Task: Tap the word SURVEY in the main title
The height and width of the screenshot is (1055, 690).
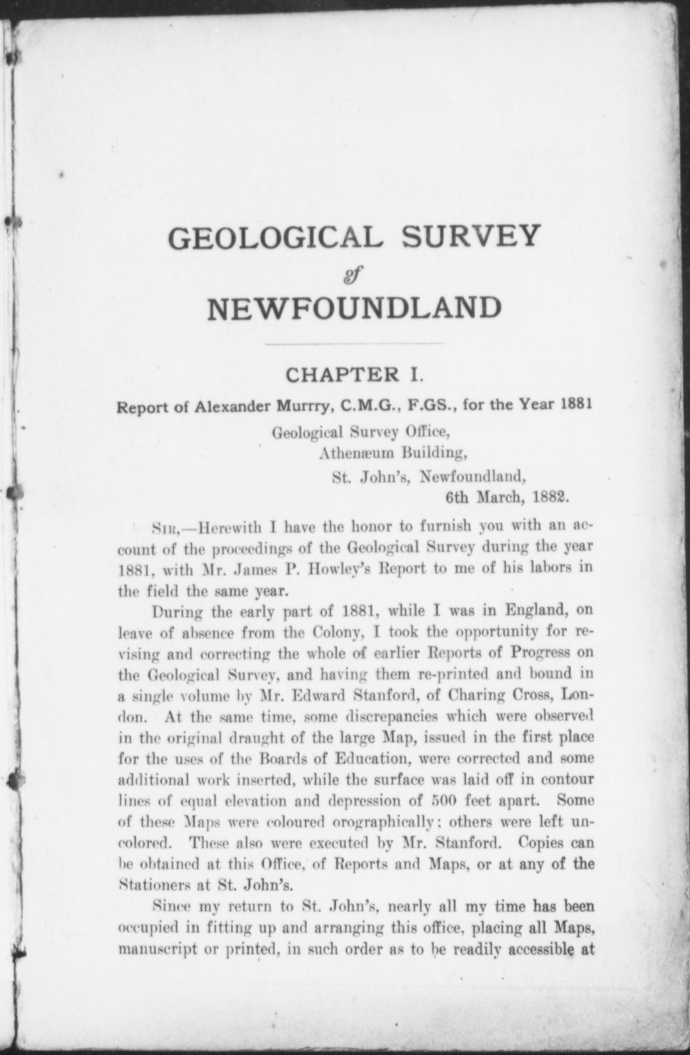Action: coord(469,237)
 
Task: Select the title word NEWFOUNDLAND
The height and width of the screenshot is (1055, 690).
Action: coord(354,308)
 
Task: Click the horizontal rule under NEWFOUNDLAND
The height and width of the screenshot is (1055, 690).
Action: coord(354,343)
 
